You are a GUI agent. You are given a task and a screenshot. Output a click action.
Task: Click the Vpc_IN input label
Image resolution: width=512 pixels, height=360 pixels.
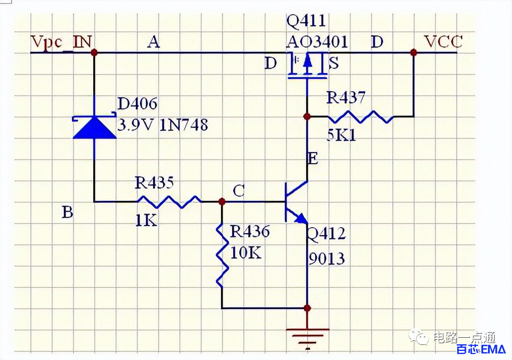(x=61, y=43)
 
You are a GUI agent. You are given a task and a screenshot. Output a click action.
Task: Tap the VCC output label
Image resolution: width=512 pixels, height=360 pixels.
(x=443, y=42)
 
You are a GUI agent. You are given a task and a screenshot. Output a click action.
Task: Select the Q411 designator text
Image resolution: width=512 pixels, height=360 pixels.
(x=306, y=21)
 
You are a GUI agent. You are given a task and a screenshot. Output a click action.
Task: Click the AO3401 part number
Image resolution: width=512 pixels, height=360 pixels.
(x=317, y=42)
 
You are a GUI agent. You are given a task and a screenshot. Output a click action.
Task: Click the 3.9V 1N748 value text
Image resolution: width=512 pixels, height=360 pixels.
(x=163, y=125)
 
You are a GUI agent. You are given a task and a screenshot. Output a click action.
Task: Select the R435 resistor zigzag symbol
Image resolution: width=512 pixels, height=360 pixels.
(x=169, y=202)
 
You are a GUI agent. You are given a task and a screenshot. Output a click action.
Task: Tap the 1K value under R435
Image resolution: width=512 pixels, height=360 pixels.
(x=146, y=221)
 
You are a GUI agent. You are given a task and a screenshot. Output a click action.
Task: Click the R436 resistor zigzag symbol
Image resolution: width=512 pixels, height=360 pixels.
(x=222, y=256)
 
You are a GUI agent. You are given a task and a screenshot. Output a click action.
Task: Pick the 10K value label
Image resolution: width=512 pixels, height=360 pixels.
(x=246, y=253)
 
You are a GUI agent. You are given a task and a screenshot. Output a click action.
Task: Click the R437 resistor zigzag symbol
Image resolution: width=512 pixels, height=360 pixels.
(x=360, y=117)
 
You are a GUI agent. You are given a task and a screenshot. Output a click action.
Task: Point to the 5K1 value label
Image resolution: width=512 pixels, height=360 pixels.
(x=341, y=134)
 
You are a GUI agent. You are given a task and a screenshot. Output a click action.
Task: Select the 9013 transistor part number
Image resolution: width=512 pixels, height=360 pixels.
(x=326, y=259)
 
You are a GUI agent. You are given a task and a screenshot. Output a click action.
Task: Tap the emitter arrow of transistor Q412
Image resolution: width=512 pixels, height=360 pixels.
(x=301, y=218)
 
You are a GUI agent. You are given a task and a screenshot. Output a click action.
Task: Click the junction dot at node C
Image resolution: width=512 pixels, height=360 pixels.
(x=222, y=201)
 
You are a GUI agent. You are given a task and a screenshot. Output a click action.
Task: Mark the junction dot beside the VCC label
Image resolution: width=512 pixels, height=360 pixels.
(x=413, y=52)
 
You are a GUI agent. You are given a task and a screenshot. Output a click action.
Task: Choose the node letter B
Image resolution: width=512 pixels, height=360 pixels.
(x=67, y=212)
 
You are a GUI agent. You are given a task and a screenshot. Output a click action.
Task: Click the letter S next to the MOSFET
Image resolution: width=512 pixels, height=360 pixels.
(x=334, y=63)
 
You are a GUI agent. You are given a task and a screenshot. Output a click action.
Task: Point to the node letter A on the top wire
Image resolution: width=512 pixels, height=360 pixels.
(x=154, y=42)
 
